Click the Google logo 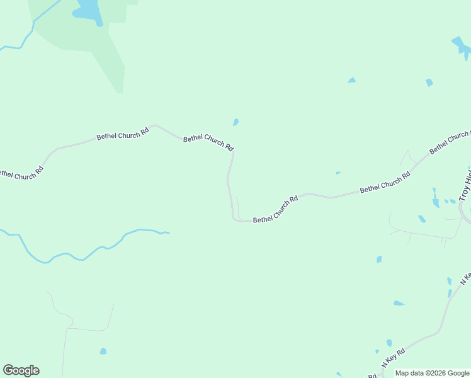tap(21, 370)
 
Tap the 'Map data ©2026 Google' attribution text tap(432, 374)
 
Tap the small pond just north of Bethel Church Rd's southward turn tap(235, 122)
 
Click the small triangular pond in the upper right tap(351, 80)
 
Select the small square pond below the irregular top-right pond tap(429, 83)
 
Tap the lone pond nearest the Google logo tap(103, 351)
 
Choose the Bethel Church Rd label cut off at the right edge tap(450, 142)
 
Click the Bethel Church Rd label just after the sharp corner tap(275, 210)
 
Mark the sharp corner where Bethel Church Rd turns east tap(234, 219)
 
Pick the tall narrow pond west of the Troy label tap(435, 200)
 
